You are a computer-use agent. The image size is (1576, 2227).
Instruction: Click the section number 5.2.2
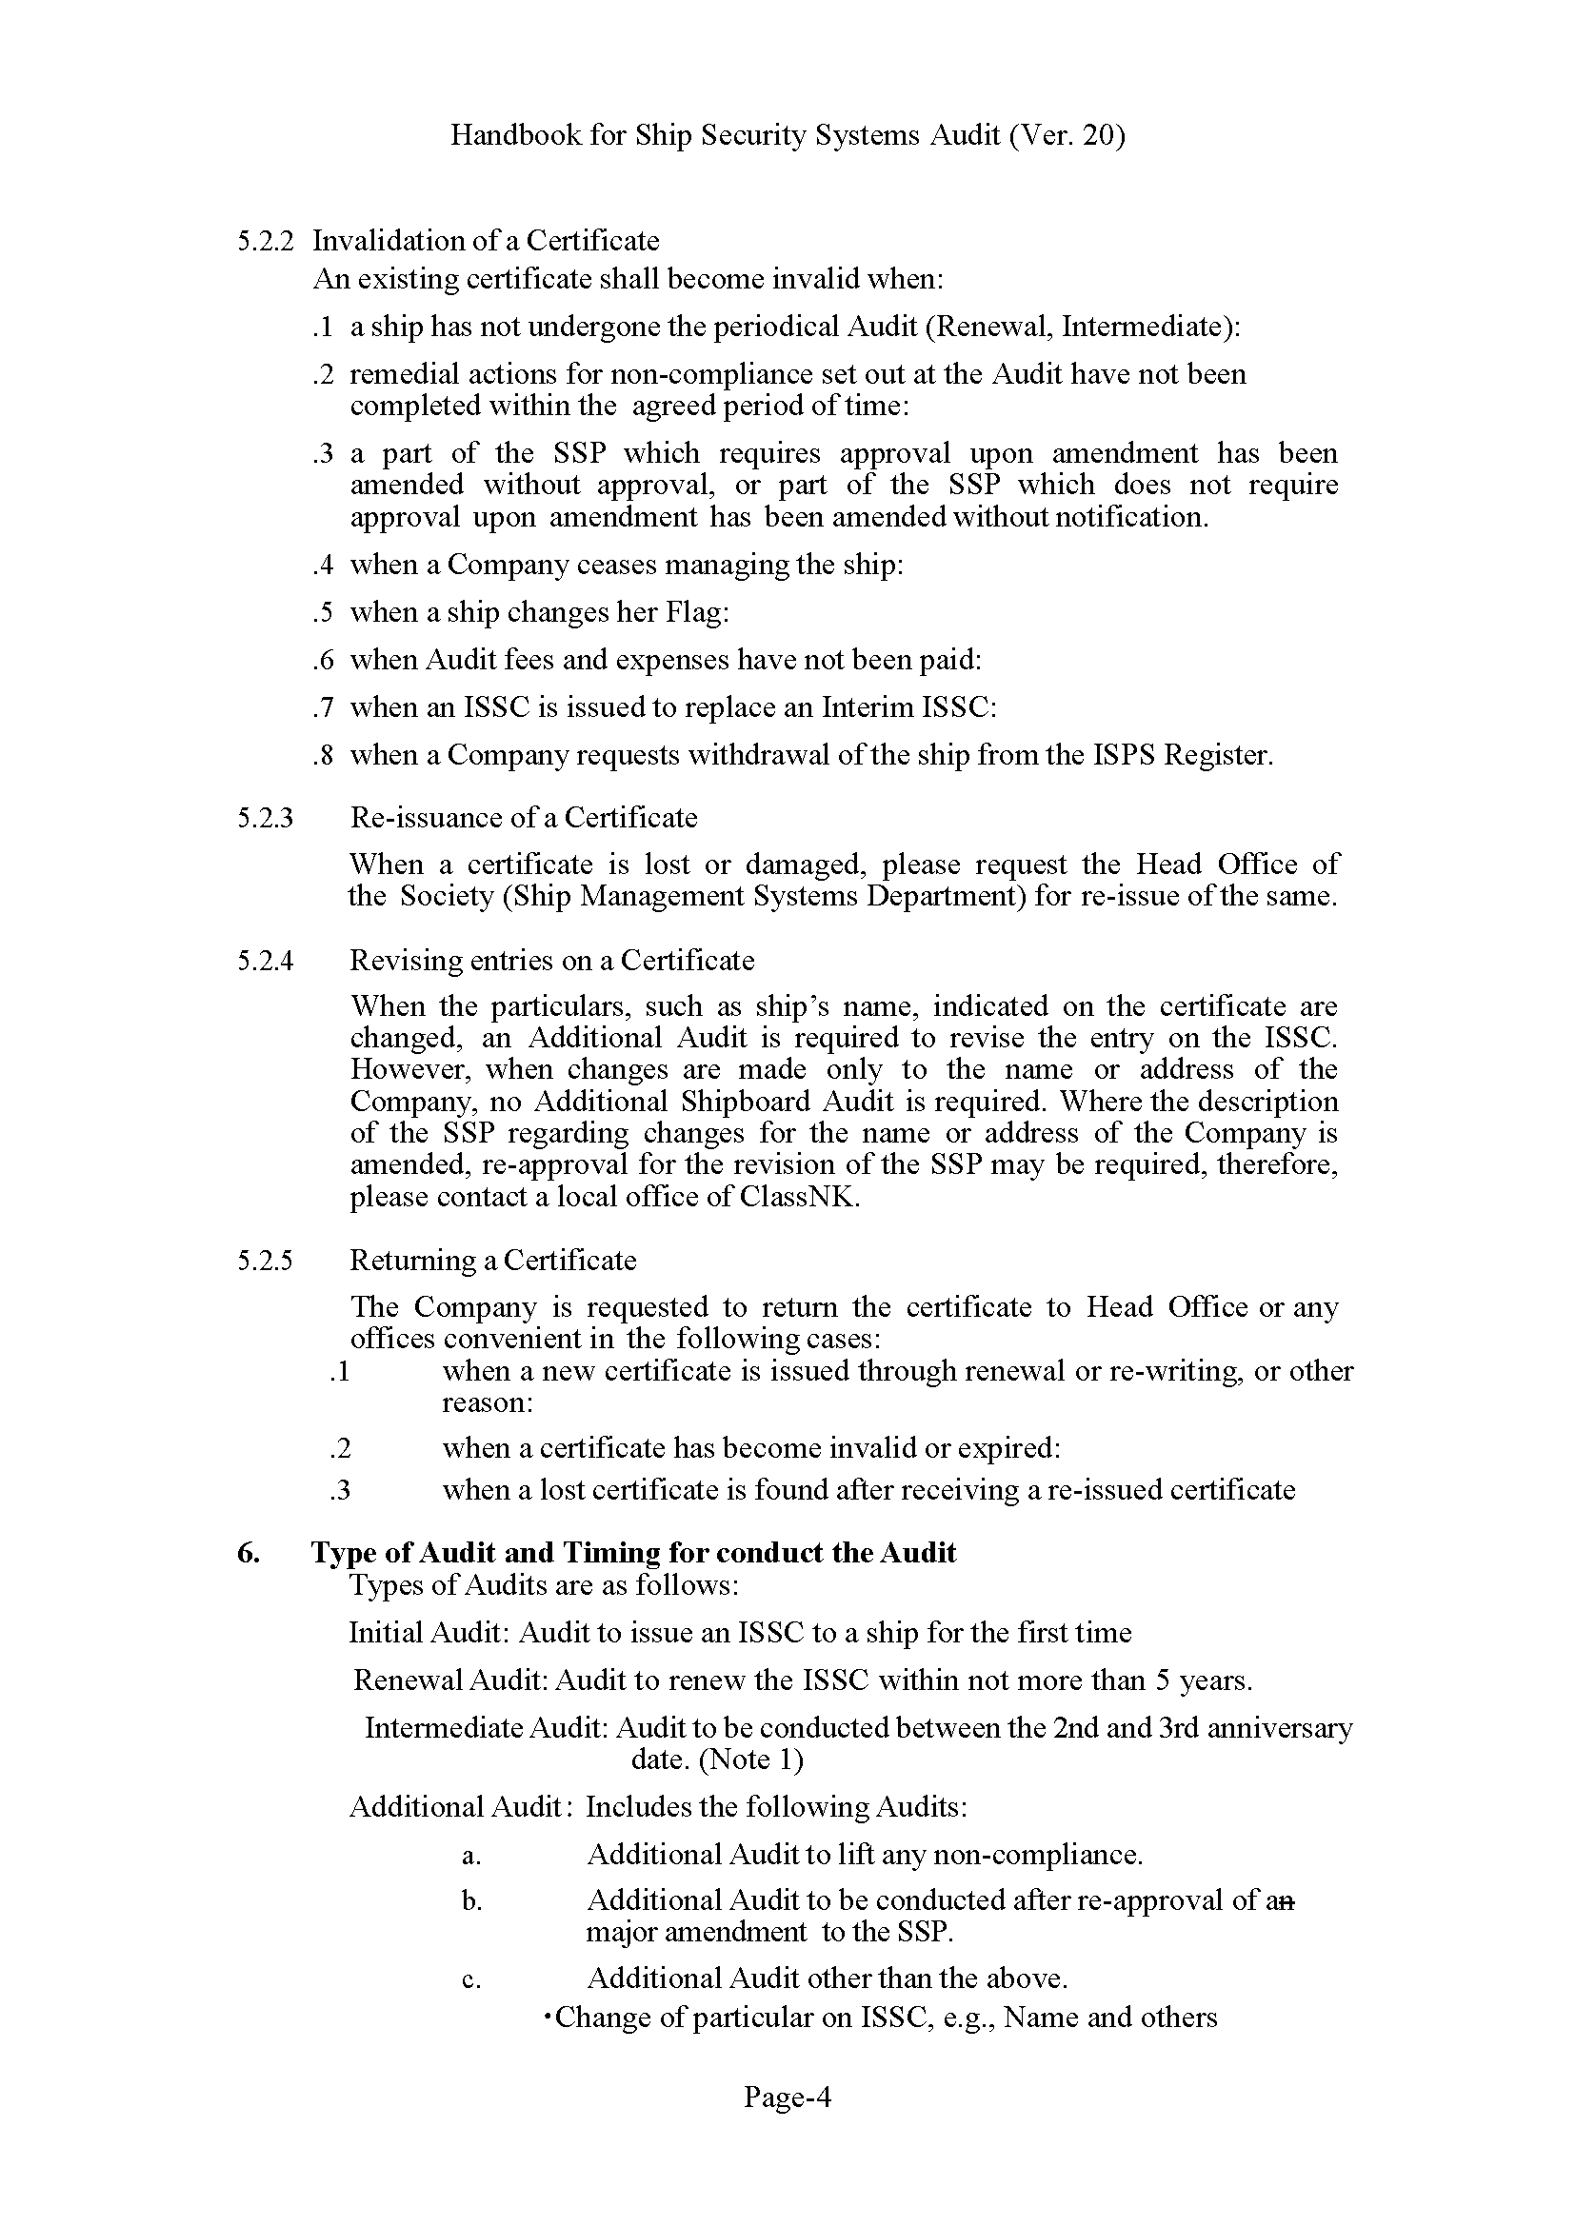pyautogui.click(x=264, y=241)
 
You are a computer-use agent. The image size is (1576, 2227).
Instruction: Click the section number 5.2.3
pyautogui.click(x=264, y=818)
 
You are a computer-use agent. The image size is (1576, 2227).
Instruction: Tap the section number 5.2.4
pyautogui.click(x=264, y=961)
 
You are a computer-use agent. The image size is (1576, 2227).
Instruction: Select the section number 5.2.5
pyautogui.click(x=264, y=1261)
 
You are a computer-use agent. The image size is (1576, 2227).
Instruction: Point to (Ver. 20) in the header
pyautogui.click(x=1067, y=135)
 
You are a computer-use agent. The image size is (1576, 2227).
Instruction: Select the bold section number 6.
pyautogui.click(x=248, y=1553)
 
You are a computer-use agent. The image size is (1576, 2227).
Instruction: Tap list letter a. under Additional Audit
pyautogui.click(x=471, y=1856)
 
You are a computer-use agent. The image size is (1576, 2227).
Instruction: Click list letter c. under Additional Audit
pyautogui.click(x=471, y=1978)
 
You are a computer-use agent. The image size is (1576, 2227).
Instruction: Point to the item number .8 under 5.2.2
pyautogui.click(x=323, y=755)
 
